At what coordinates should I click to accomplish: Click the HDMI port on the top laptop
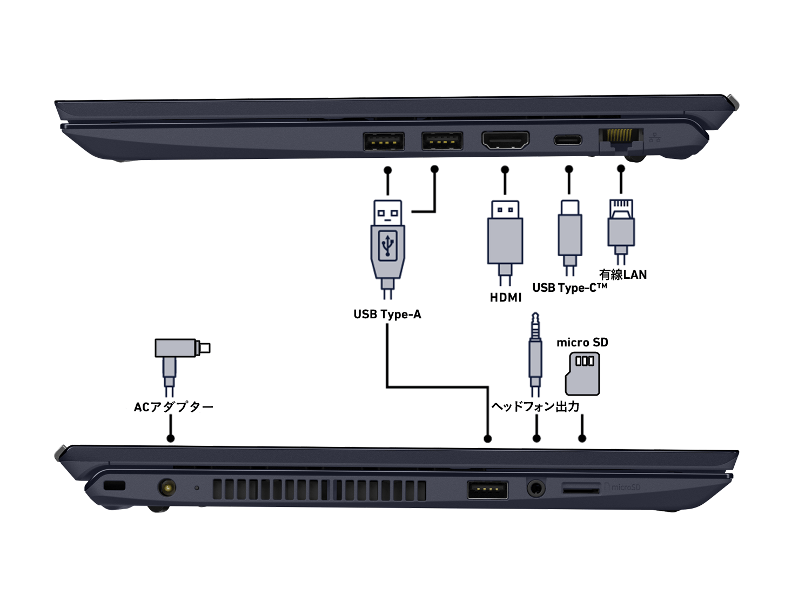click(x=505, y=141)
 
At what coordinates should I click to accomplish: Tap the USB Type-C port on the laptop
click(x=568, y=141)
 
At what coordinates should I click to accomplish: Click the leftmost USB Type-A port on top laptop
click(x=384, y=142)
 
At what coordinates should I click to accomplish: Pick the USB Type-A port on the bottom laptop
click(x=487, y=490)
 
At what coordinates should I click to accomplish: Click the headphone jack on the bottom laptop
click(x=535, y=489)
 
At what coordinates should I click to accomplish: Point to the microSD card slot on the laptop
click(x=581, y=489)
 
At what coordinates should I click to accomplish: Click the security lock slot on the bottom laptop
click(x=114, y=485)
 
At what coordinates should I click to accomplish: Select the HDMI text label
click(x=506, y=297)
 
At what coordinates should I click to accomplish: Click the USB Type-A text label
click(x=387, y=315)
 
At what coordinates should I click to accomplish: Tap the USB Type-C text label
click(x=569, y=288)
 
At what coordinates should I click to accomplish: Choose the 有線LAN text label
click(x=622, y=275)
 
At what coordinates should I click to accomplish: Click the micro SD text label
click(x=582, y=343)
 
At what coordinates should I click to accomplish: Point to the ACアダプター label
click(x=173, y=407)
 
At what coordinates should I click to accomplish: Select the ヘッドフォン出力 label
click(x=535, y=406)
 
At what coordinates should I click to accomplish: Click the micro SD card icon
click(x=582, y=373)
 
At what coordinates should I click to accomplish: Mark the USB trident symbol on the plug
click(x=388, y=244)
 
